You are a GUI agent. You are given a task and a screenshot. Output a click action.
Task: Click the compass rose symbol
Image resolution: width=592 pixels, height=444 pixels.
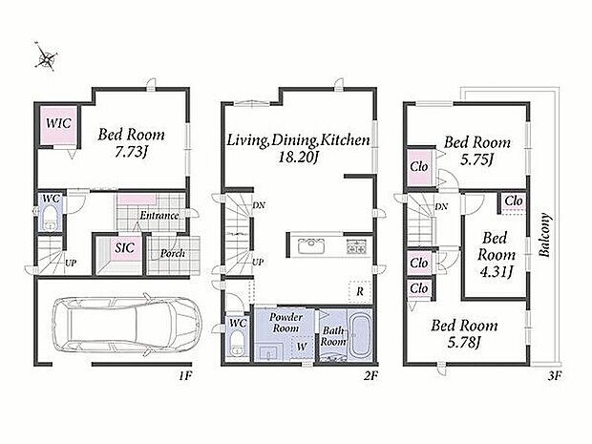coord(47,56)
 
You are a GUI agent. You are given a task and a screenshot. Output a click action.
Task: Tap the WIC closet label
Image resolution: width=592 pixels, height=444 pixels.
coord(58,123)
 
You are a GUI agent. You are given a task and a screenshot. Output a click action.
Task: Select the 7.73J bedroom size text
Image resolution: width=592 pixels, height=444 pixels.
coord(130,152)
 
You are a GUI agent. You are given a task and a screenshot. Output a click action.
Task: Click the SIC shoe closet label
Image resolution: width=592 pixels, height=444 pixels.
coord(124,248)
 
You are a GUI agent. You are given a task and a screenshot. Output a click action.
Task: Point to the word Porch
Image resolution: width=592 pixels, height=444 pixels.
coord(173,253)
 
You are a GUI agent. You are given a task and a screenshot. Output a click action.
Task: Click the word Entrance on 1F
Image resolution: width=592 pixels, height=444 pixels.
coord(159,216)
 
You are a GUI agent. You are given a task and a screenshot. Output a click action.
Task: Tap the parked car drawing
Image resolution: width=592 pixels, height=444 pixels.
coord(127,325)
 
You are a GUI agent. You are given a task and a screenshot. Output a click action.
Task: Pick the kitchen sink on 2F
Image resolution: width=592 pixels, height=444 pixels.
coord(311,246)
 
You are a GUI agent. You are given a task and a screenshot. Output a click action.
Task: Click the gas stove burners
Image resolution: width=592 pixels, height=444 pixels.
coord(356,246)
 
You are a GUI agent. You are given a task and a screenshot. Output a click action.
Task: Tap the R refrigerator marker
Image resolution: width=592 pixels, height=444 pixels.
coord(360,291)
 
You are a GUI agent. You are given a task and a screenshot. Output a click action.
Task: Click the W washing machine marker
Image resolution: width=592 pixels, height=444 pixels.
coord(302,347)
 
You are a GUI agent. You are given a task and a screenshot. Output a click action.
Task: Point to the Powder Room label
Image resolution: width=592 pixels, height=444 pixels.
coord(285,323)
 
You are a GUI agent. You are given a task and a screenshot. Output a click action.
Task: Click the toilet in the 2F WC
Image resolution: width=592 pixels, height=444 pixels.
coord(238,344)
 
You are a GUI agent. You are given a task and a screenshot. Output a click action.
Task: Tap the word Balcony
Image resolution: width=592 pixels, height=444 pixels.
coord(544,236)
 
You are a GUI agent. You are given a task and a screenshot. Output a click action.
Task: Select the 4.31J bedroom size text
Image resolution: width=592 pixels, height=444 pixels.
coord(497,271)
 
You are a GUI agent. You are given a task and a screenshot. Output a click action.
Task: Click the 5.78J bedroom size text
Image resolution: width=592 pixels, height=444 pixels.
coord(464,342)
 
